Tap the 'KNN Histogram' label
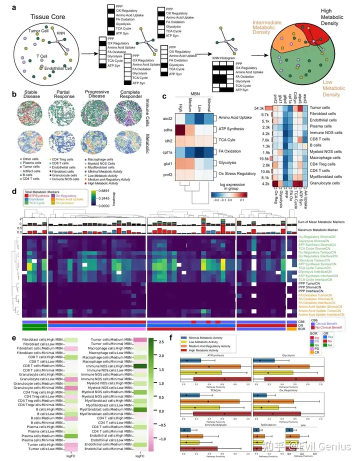click(222, 57)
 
